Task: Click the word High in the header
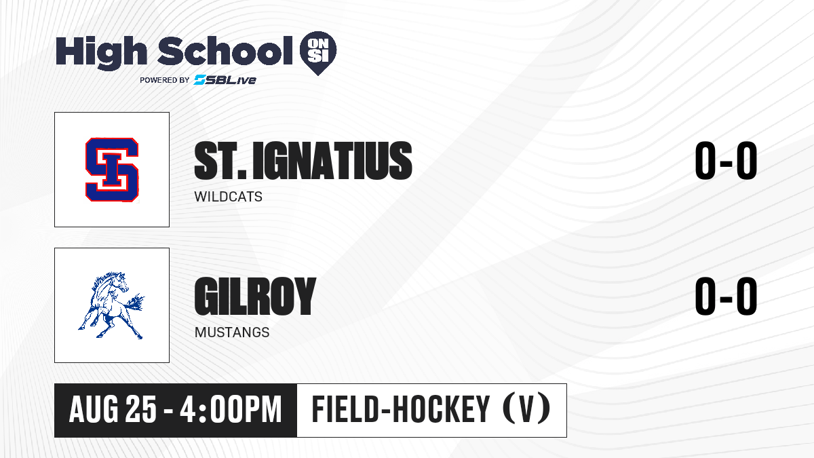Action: tap(101, 53)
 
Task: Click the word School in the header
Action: tap(225, 50)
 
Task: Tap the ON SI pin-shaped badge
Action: tap(318, 53)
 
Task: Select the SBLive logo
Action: tap(225, 80)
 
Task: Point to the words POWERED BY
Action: tap(165, 80)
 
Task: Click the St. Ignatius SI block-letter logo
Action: tap(112, 170)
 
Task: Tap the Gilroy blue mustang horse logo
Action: tap(111, 305)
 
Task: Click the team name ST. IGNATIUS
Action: tap(303, 161)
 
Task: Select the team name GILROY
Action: tap(255, 296)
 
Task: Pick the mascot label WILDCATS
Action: tap(228, 197)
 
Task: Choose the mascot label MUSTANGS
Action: tap(232, 332)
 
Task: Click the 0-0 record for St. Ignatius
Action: tap(726, 161)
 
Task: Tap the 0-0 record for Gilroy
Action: tap(726, 297)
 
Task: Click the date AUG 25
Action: tap(113, 410)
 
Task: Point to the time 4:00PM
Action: tap(231, 410)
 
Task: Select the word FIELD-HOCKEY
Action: tap(401, 409)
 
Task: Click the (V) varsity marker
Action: tap(526, 408)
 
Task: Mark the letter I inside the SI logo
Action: tap(112, 170)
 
